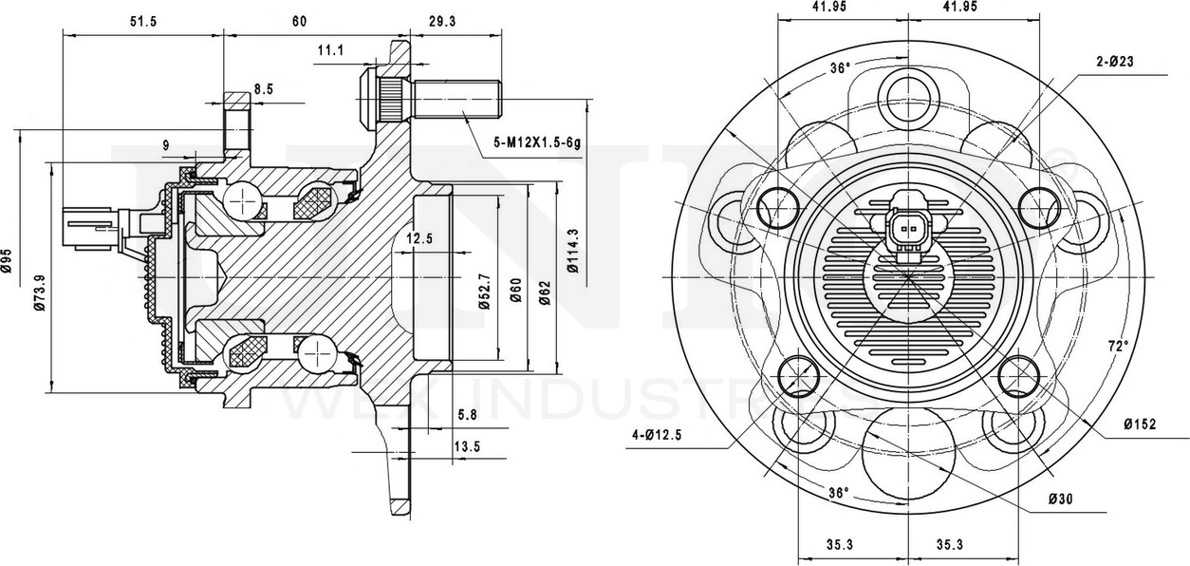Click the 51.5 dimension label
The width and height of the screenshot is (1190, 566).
[x=143, y=21]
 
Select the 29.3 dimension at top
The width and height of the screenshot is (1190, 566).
[x=442, y=21]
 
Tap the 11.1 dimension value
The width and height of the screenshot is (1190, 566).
[x=330, y=49]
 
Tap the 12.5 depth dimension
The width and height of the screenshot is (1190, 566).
[x=419, y=239]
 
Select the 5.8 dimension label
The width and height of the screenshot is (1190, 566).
[x=467, y=415]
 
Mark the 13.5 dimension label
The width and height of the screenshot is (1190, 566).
[x=467, y=446]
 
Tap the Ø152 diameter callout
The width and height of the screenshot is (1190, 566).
[x=1139, y=424]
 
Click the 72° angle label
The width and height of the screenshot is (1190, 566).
[x=1119, y=346]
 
